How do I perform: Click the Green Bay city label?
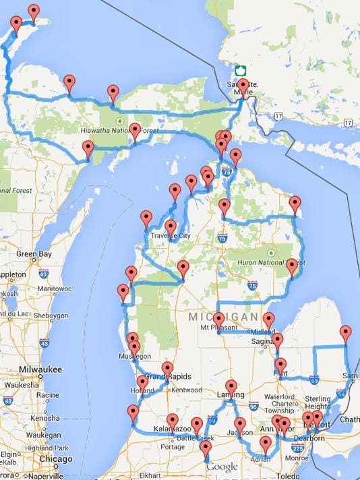pyautogui.click(x=34, y=254)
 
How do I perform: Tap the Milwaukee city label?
pyautogui.click(x=40, y=370)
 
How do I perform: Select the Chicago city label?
pyautogui.click(x=55, y=460)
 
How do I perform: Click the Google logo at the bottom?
pyautogui.click(x=222, y=467)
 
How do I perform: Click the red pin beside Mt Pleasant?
pyautogui.click(x=219, y=318)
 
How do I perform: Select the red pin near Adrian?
pyautogui.click(x=266, y=445)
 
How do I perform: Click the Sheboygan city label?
pyautogui.click(x=51, y=315)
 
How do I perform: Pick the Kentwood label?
pyautogui.click(x=186, y=390)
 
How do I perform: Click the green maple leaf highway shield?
pyautogui.click(x=239, y=71)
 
